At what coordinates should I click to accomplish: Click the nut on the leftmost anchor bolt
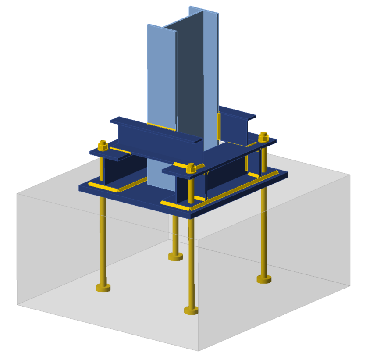(x=102, y=146)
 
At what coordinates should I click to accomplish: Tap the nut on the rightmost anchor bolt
(x=263, y=137)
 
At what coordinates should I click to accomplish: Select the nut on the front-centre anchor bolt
(x=191, y=168)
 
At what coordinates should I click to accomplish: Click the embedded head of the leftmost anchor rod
(x=103, y=288)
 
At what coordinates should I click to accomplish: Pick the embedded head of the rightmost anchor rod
(x=264, y=279)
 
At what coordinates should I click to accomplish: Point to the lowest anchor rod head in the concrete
(x=191, y=310)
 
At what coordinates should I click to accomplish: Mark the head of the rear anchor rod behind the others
(x=175, y=257)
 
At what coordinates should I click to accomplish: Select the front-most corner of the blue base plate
(x=192, y=215)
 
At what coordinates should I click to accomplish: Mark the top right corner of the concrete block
(x=350, y=174)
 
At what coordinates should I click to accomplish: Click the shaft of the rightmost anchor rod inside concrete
(x=264, y=232)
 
